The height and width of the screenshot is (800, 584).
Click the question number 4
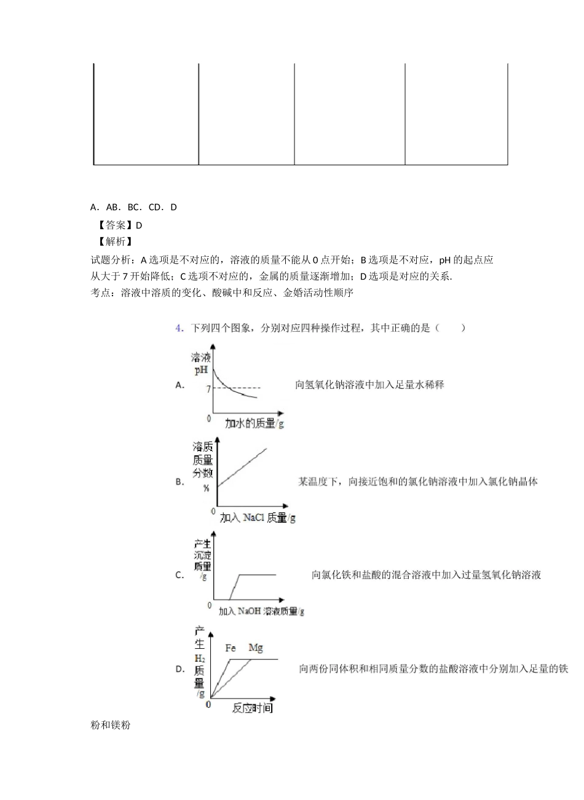(179, 328)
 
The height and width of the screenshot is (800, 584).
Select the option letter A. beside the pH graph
(181, 385)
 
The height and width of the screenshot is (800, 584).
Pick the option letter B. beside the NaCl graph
(180, 482)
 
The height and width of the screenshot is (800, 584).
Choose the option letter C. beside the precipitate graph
(180, 576)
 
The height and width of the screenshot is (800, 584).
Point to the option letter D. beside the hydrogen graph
(180, 669)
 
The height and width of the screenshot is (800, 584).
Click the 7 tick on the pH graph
(209, 389)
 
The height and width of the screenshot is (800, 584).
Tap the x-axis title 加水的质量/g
(254, 423)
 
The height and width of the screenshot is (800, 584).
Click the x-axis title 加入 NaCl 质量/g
(258, 517)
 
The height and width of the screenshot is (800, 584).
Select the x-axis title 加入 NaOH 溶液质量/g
(261, 611)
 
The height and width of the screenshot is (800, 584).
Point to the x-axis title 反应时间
(252, 708)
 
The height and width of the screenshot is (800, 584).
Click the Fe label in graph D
(231, 648)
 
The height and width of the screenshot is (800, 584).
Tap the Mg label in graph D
(255, 648)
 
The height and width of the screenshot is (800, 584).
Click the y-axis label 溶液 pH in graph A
(201, 364)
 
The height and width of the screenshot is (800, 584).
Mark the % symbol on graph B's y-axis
(206, 488)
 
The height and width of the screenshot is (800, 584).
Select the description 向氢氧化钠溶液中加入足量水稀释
(369, 385)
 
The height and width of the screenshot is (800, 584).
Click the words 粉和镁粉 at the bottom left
(110, 726)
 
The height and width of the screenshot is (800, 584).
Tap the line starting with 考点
(221, 294)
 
